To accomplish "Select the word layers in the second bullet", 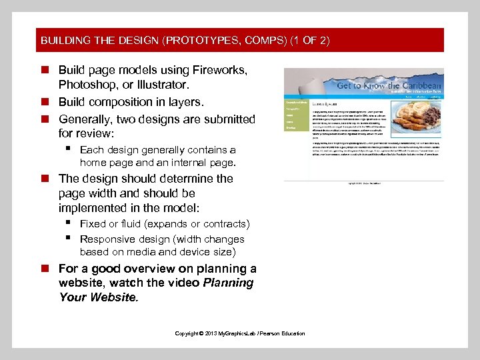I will pyautogui.click(x=187, y=102).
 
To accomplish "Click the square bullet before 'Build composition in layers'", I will pyautogui.click(x=45, y=102).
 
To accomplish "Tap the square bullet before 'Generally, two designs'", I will pyautogui.click(x=45, y=119).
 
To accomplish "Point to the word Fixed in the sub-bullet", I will pyautogui.click(x=92, y=224).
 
